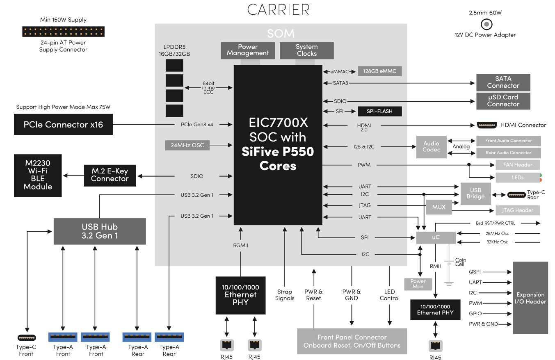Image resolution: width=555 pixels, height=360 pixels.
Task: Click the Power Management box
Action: [248, 50]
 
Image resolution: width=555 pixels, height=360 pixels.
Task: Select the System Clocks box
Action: [306, 50]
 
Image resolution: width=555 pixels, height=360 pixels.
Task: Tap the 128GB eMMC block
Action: [379, 71]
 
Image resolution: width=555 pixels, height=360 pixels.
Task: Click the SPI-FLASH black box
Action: [379, 111]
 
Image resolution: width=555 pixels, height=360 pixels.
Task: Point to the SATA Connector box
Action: [503, 82]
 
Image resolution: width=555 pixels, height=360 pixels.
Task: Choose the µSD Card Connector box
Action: [503, 101]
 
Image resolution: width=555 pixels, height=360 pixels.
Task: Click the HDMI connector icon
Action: [487, 125]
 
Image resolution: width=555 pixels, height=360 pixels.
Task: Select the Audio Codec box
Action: [431, 147]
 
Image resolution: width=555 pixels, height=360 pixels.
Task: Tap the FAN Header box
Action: [517, 165]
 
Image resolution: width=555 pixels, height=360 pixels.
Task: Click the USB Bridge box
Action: [475, 193]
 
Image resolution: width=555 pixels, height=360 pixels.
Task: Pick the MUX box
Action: [439, 207]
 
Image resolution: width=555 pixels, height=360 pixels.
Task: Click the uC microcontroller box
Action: [436, 237]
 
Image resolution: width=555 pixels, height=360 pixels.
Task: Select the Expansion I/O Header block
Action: [530, 298]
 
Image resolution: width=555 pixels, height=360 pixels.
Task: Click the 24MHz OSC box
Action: [187, 145]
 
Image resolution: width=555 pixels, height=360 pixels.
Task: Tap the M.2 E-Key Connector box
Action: [110, 175]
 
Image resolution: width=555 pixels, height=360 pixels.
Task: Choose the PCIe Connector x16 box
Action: [63, 124]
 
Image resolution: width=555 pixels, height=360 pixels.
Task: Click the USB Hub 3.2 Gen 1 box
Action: [99, 231]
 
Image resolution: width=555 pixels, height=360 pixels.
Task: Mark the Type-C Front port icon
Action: [26, 337]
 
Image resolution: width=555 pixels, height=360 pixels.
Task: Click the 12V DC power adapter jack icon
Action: [486, 24]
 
